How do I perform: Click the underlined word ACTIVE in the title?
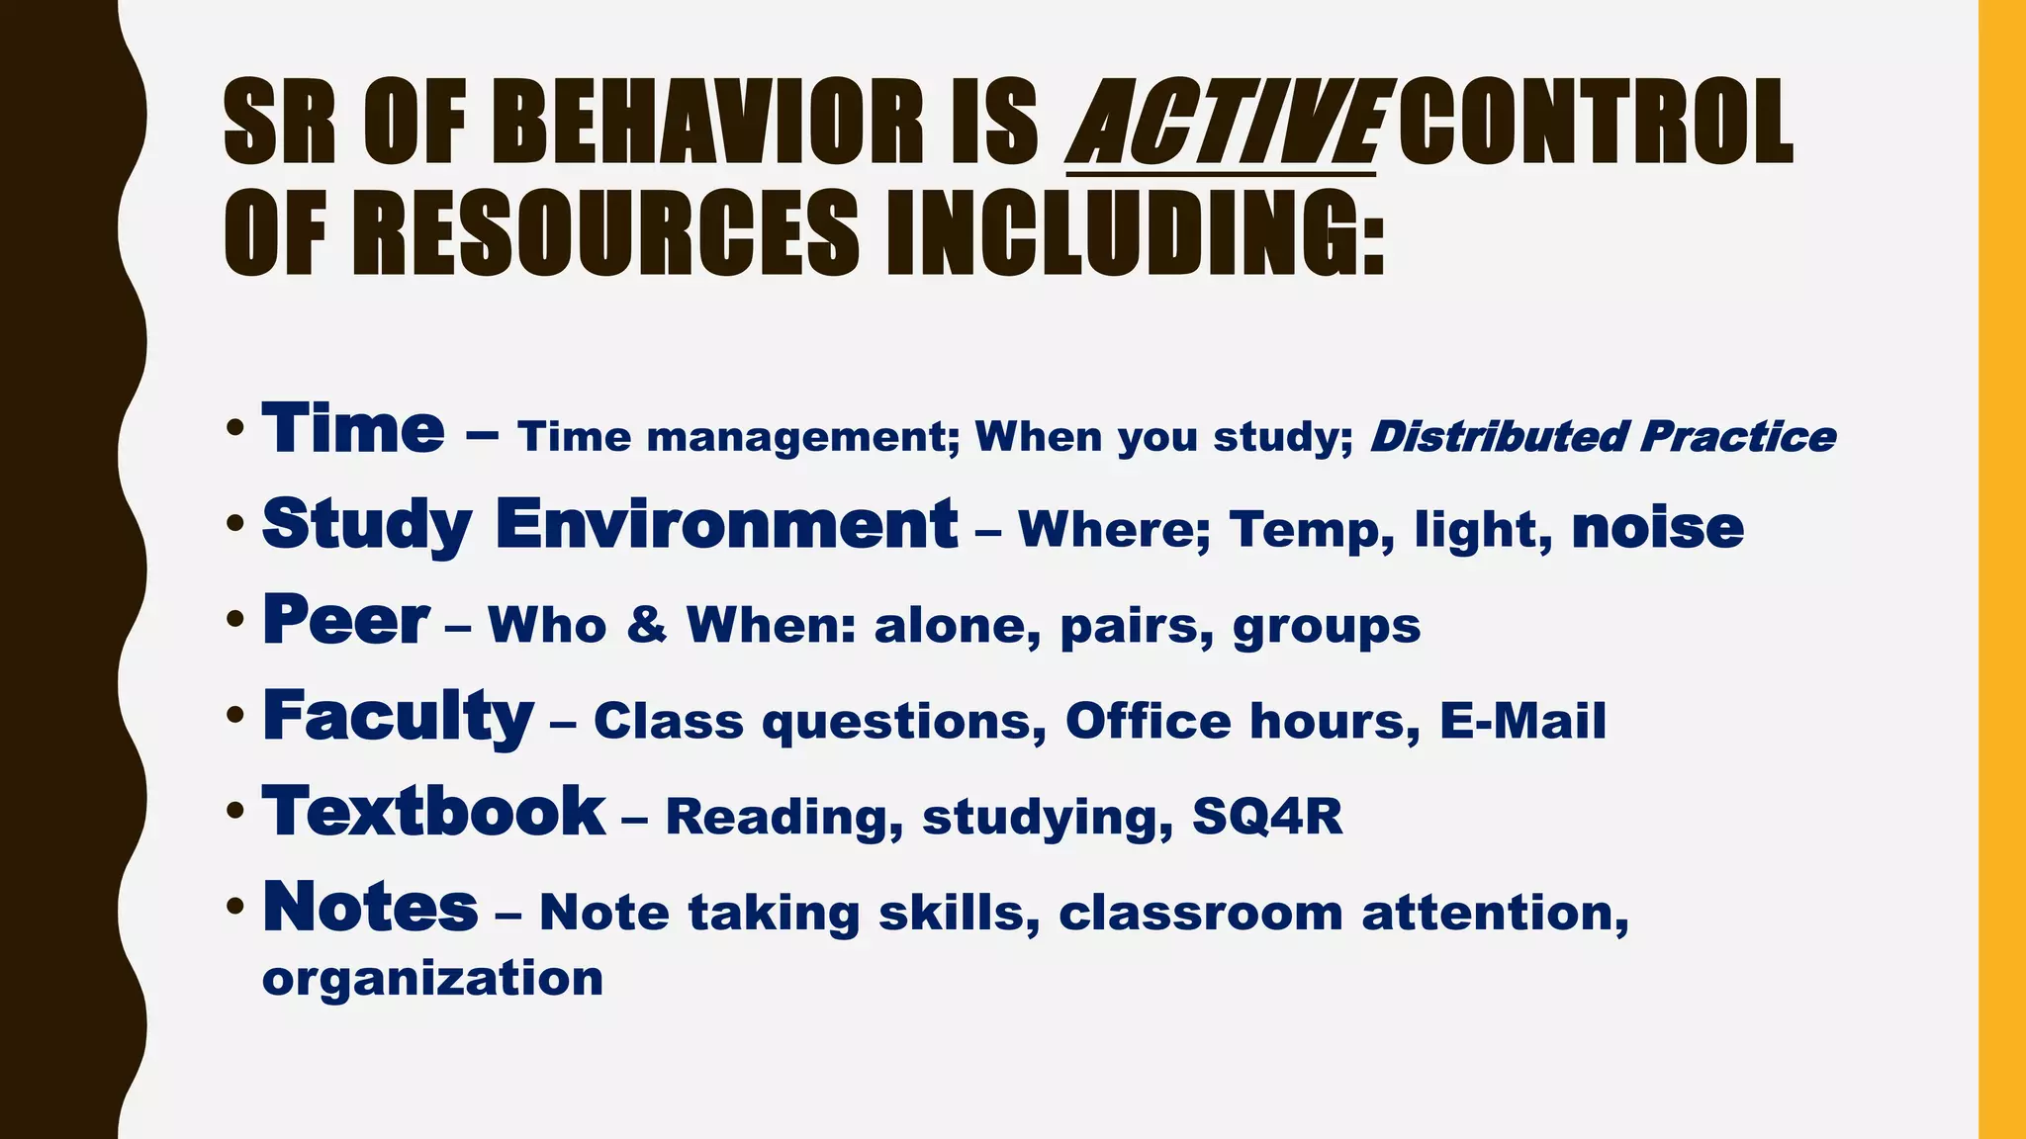tap(1223, 124)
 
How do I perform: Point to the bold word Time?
tap(352, 430)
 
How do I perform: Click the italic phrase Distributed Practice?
tap(1603, 437)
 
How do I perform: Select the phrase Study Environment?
tap(609, 525)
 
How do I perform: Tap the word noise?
tap(1657, 528)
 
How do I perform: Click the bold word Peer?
tap(345, 621)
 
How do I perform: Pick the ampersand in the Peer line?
tap(647, 625)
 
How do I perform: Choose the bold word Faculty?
tap(398, 717)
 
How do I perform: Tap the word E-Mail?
tap(1522, 721)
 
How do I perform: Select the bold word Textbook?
tap(433, 812)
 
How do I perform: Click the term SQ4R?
tap(1267, 817)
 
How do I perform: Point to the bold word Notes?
tap(370, 908)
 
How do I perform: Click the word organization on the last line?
tap(432, 979)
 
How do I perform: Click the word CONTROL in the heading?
tap(1595, 124)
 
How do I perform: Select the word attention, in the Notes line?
tap(1495, 913)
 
